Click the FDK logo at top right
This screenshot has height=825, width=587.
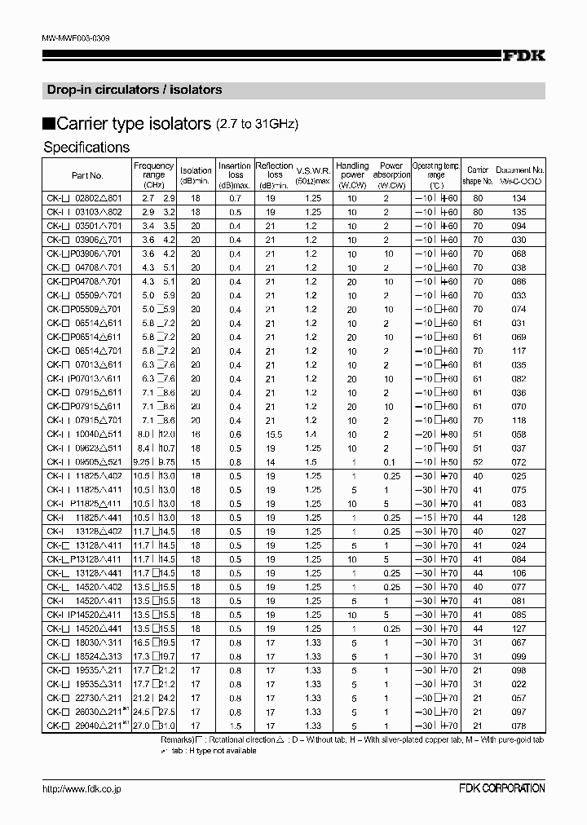523,55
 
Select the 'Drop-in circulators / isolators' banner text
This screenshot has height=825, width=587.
132,90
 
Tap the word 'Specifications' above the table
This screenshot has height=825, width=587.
86,148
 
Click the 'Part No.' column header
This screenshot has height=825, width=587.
87,174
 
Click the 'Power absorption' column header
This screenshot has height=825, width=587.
391,174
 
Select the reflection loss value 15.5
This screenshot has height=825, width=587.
274,435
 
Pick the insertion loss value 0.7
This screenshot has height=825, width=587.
235,198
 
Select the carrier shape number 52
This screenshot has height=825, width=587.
479,461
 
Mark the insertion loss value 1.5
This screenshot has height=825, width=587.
235,725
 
